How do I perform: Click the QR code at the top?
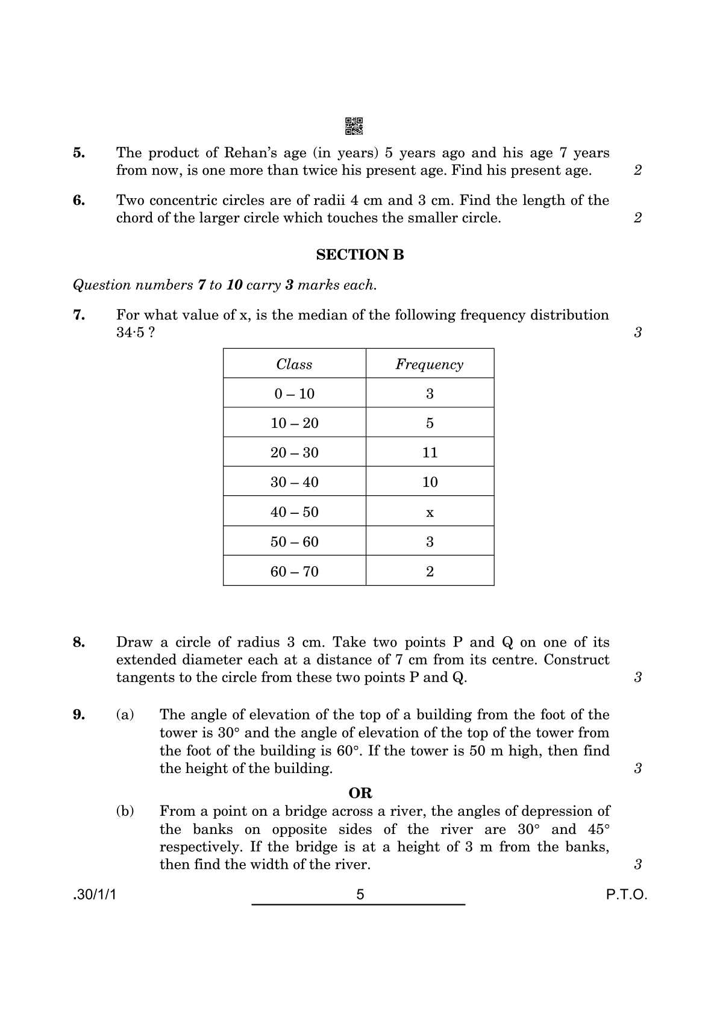coord(354,126)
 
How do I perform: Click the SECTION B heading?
coord(360,255)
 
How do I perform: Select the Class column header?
coord(294,364)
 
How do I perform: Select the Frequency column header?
coord(429,364)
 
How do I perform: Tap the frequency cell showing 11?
coord(430,452)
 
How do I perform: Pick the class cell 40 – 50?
coord(294,512)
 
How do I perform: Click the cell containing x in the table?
coord(430,513)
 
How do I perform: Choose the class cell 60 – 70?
coord(294,571)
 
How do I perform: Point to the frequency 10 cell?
coord(430,482)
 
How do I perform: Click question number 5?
coord(79,153)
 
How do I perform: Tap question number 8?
coord(79,642)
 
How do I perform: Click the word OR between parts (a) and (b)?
coord(360,793)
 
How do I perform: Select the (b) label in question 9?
coord(125,811)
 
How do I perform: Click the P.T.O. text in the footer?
coord(626,895)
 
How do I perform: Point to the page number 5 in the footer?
coord(360,895)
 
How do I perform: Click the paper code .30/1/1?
coord(94,895)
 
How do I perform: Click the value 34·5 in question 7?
coord(130,333)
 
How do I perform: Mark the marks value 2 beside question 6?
coord(638,218)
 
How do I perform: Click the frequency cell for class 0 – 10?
coord(430,393)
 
